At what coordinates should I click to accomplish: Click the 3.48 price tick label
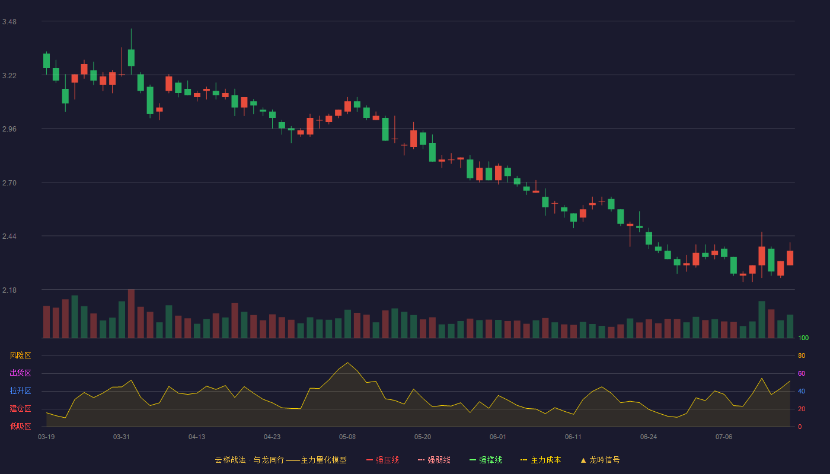pyautogui.click(x=9, y=22)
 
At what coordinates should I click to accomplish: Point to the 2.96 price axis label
pyautogui.click(x=9, y=129)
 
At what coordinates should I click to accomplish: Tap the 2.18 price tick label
pyautogui.click(x=9, y=290)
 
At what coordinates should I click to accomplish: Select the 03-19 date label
pyautogui.click(x=46, y=437)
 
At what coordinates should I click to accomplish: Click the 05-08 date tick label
pyautogui.click(x=347, y=437)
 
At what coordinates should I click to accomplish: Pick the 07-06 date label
pyautogui.click(x=724, y=437)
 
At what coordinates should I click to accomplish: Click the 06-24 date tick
pyautogui.click(x=649, y=437)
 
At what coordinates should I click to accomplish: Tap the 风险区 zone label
pyautogui.click(x=20, y=355)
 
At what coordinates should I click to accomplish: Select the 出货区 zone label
pyautogui.click(x=20, y=373)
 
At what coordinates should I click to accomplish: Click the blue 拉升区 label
pyautogui.click(x=20, y=390)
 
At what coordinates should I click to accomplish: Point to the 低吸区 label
pyautogui.click(x=20, y=426)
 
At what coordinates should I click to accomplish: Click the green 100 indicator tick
pyautogui.click(x=803, y=338)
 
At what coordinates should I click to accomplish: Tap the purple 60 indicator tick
pyautogui.click(x=802, y=373)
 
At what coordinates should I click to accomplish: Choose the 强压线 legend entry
pyautogui.click(x=382, y=460)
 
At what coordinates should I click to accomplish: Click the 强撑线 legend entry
pyautogui.click(x=486, y=460)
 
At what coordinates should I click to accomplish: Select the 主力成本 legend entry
pyautogui.click(x=541, y=460)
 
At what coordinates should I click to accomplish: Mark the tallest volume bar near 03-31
pyautogui.click(x=131, y=313)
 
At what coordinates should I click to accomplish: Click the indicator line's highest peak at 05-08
pyautogui.click(x=347, y=363)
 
